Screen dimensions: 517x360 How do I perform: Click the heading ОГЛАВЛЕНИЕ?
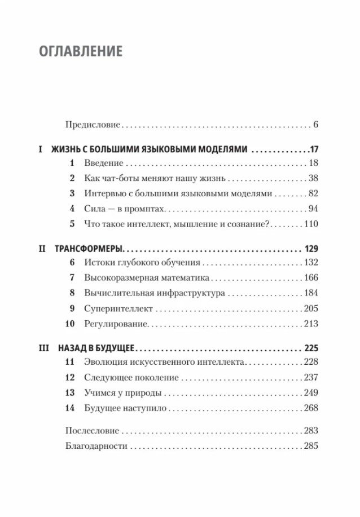(81, 52)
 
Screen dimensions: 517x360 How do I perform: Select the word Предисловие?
(93, 124)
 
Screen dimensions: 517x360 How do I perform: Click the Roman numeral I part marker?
(41, 149)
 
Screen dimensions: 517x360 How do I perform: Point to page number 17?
(314, 149)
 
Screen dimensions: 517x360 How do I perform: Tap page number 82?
(313, 193)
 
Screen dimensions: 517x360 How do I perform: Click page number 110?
(311, 223)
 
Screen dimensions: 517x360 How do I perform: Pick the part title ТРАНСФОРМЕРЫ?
(89, 248)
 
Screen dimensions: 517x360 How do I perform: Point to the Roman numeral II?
(43, 248)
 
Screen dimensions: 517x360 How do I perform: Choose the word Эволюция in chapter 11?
(102, 362)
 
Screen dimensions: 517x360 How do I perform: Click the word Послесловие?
(92, 431)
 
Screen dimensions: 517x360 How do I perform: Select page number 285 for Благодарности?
(311, 446)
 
